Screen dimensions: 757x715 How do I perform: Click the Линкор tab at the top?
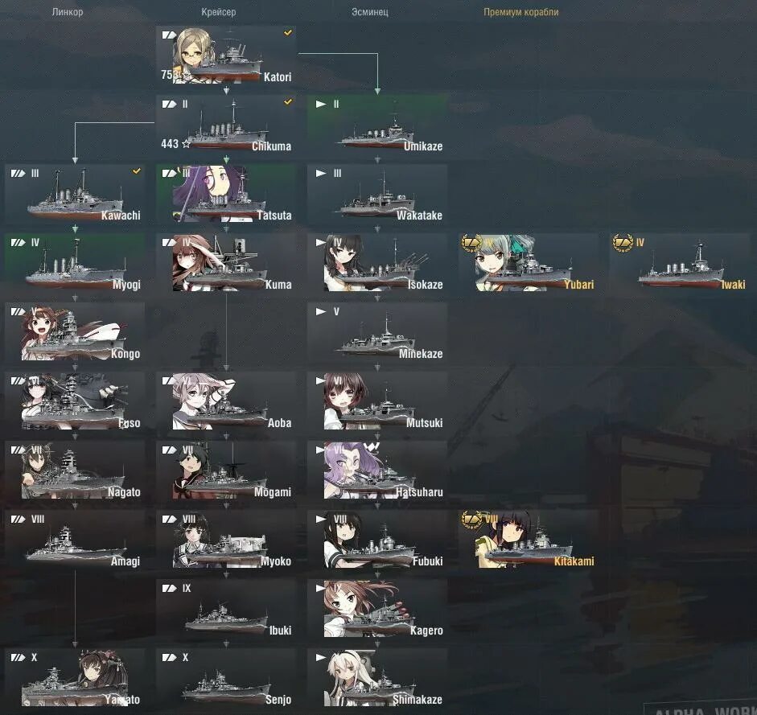pos(68,12)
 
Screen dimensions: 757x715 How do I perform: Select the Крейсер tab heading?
pos(219,12)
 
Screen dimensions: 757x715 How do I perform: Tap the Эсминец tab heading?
pos(370,12)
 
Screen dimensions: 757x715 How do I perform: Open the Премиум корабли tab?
pos(520,12)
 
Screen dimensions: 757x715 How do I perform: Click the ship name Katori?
pos(278,77)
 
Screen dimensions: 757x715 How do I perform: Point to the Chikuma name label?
pos(271,146)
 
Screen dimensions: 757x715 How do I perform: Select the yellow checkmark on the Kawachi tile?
pos(137,171)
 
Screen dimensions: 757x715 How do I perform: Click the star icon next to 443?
pos(187,144)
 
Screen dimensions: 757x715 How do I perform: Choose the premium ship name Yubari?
pos(578,285)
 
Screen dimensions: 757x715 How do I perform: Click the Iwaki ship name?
pos(733,285)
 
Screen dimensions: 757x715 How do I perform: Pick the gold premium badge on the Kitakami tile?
pos(471,519)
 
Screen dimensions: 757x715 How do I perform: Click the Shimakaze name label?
pos(418,700)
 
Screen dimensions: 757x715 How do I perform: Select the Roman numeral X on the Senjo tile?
pos(185,657)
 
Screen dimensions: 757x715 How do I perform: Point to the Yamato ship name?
pos(121,700)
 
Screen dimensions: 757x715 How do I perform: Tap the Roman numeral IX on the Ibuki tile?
pos(187,588)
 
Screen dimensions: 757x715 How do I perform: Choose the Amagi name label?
pos(125,561)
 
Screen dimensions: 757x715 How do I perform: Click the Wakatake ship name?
pos(419,216)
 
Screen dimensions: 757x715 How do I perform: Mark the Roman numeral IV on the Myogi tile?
pos(35,242)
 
